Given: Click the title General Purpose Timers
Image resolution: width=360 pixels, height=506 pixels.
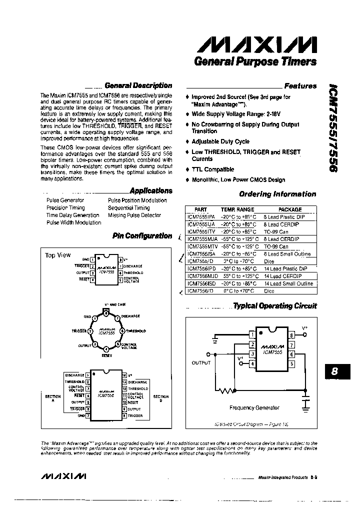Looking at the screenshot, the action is click(x=255, y=61).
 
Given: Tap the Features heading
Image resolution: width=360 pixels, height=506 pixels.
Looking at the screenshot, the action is click(x=300, y=85).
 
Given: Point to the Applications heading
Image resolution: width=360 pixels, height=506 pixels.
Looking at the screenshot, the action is click(x=150, y=190).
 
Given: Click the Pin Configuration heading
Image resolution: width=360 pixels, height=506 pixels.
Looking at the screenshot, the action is click(x=142, y=235).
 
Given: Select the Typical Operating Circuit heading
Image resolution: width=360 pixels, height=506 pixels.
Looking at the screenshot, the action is click(x=275, y=305).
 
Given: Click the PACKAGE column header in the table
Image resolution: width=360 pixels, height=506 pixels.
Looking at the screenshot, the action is click(x=289, y=209).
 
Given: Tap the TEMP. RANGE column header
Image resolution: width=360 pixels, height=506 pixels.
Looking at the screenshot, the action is click(x=238, y=209).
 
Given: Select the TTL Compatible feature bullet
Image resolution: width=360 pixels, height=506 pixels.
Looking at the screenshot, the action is click(x=212, y=169).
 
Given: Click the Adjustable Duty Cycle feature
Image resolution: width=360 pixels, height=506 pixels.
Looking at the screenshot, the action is click(x=220, y=141).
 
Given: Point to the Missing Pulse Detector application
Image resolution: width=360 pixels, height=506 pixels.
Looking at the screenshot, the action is click(x=134, y=215).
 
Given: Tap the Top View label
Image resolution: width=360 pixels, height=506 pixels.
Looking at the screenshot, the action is click(x=58, y=255).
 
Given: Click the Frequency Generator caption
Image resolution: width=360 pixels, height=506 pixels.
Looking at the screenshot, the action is click(x=254, y=407).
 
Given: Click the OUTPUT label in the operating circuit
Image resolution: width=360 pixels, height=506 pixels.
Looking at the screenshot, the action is click(x=201, y=362).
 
